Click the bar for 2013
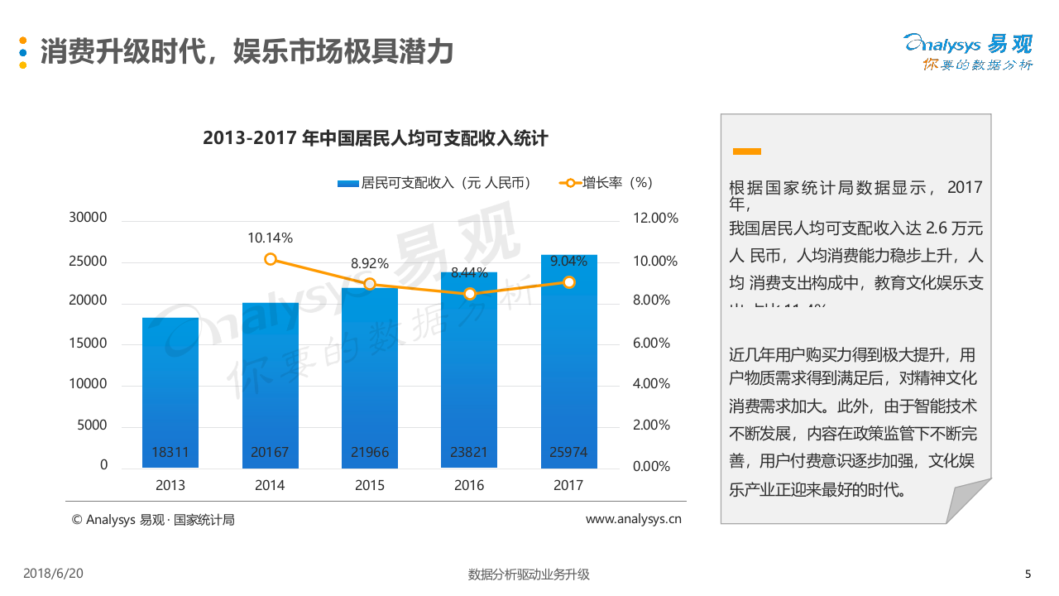click(x=170, y=389)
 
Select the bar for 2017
click(x=568, y=364)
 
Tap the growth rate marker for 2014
click(x=271, y=259)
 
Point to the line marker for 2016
click(x=470, y=294)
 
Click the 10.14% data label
click(x=270, y=238)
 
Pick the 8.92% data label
click(x=370, y=263)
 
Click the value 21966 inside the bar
click(x=370, y=453)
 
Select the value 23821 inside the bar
click(x=469, y=453)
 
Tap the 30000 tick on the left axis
click(x=88, y=218)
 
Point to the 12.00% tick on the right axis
click(x=655, y=218)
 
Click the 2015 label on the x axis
click(x=370, y=485)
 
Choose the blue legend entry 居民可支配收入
click(x=434, y=183)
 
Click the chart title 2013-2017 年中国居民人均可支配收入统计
click(x=375, y=138)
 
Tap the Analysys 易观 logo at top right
click(x=968, y=51)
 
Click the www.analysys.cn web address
click(x=633, y=519)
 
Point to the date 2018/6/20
click(x=54, y=574)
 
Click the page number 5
click(x=1028, y=574)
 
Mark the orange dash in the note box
click(x=746, y=151)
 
